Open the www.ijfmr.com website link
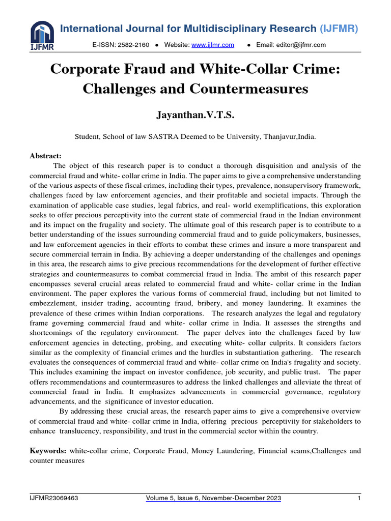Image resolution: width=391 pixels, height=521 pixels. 212,45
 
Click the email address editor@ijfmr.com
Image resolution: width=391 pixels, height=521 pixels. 291,45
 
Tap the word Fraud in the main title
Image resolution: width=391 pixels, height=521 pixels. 148,69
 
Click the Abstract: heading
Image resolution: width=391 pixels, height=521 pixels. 45,156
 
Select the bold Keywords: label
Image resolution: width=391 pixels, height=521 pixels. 48,451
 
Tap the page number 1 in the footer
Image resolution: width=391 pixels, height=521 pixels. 359,499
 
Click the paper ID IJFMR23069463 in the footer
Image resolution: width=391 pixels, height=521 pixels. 54,499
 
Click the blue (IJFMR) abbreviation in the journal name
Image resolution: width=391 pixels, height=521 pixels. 339,29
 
